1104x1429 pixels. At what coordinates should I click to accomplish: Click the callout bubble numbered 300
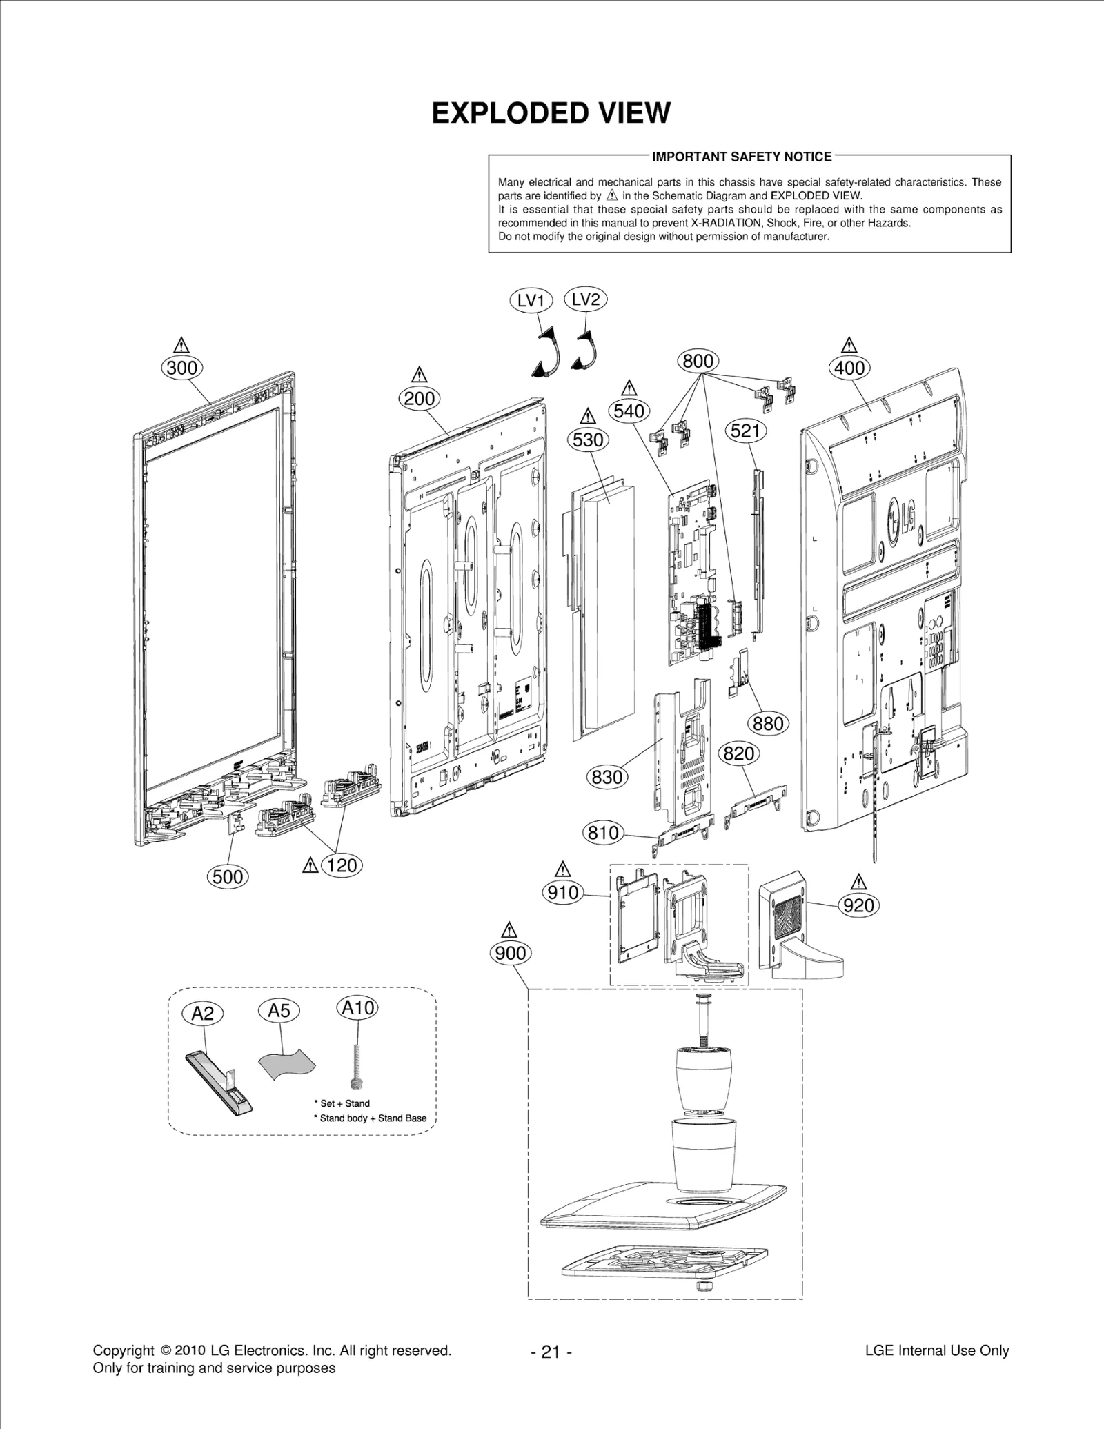182,368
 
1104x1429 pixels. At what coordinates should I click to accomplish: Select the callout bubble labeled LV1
531,300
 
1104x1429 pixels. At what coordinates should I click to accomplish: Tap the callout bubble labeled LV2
586,299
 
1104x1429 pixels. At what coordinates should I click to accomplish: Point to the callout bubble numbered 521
745,431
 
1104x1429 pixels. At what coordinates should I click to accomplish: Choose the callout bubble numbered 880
768,724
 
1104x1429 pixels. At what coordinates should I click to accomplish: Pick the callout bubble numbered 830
607,777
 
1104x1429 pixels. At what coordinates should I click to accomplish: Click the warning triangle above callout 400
849,345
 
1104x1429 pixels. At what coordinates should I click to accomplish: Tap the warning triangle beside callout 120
310,865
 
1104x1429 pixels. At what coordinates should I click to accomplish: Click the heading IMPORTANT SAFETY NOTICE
742,157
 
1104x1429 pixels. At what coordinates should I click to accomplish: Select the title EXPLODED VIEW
551,113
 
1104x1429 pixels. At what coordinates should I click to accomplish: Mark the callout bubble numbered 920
858,905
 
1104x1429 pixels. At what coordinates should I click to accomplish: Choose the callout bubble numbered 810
603,833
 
